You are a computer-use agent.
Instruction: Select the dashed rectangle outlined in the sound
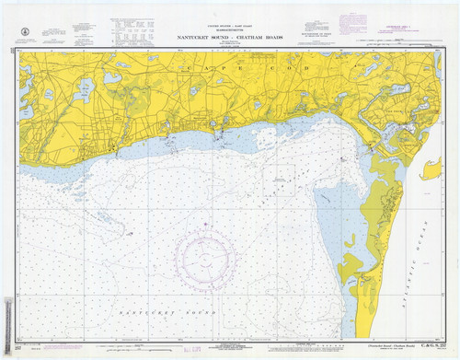point(279,175)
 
